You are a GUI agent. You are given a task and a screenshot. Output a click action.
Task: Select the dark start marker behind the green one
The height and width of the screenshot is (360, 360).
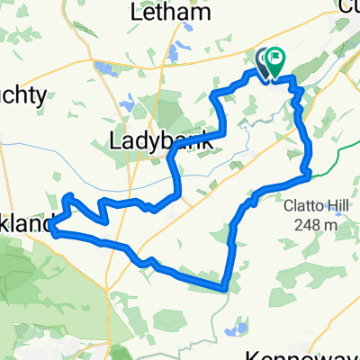[x=263, y=61]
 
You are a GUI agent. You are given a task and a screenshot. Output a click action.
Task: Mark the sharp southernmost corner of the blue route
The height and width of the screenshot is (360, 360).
[x=222, y=289]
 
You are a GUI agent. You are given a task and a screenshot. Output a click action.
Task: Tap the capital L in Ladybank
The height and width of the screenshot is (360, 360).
[x=114, y=140]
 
